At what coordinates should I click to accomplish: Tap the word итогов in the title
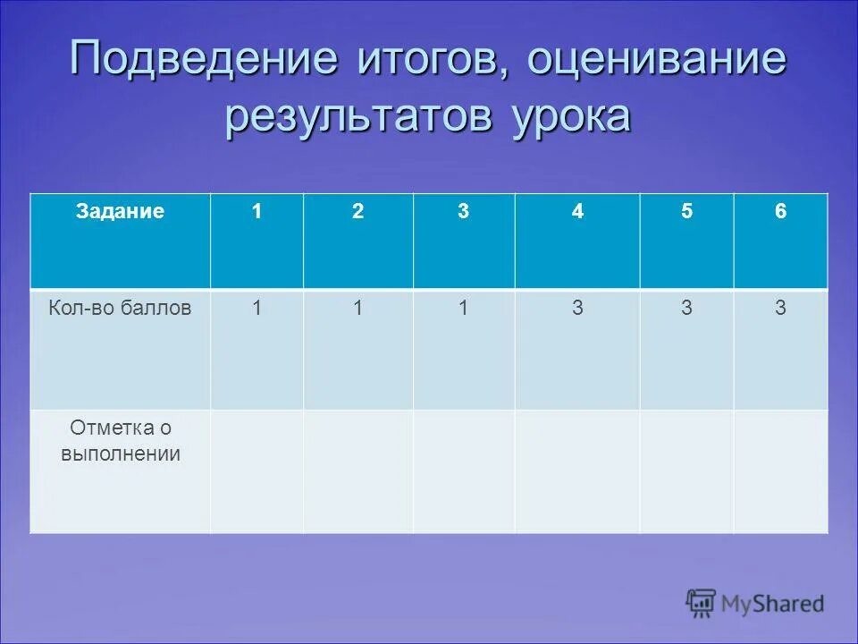[424, 60]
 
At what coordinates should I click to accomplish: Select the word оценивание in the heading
[657, 60]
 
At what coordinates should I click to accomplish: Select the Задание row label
[120, 212]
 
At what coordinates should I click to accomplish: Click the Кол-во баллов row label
[120, 309]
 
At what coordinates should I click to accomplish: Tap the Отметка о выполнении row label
[120, 441]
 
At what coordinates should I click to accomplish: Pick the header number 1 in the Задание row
[257, 212]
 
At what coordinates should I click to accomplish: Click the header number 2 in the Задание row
[357, 212]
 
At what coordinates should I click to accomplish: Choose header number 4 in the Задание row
[577, 212]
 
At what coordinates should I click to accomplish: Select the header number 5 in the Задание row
[686, 212]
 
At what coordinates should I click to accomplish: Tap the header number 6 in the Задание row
[780, 212]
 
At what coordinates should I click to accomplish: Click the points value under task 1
[257, 309]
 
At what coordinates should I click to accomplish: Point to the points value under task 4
[577, 309]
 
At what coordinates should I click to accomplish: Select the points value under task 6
[780, 309]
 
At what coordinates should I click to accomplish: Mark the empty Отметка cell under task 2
[357, 471]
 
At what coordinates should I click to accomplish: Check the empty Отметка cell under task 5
[686, 471]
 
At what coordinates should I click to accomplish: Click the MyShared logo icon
[702, 604]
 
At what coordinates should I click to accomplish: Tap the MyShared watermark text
[773, 605]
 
